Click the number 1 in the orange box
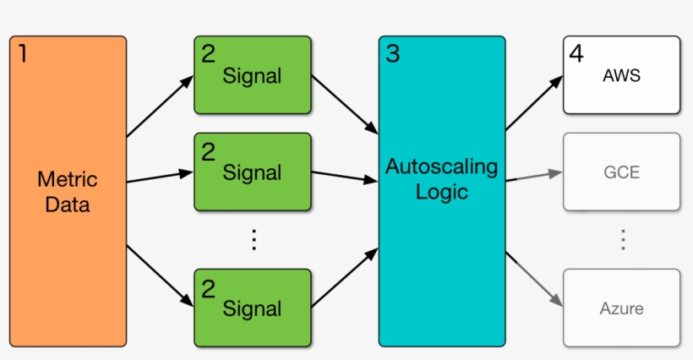22,54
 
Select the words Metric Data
68,192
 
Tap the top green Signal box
252,75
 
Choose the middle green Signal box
252,172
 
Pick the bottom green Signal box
252,308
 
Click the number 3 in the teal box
392,54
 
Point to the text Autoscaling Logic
441,179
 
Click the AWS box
621,75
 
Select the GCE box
621,172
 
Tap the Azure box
621,308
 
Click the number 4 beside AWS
576,54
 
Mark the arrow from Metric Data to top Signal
161,106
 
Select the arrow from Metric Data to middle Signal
161,177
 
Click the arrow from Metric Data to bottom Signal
161,275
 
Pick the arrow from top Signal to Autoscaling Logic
345,105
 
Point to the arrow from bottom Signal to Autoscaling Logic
345,277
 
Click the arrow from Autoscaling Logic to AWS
534,103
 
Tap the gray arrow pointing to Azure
534,279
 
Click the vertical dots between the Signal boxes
253,240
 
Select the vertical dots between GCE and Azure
623,240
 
